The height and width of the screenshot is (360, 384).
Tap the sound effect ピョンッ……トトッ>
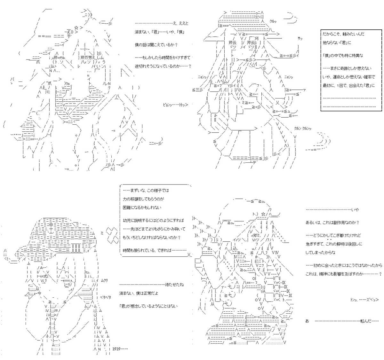(176, 105)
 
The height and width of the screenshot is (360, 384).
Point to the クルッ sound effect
(273, 21)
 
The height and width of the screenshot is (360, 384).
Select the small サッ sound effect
(300, 38)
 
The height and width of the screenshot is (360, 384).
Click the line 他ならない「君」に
(339, 42)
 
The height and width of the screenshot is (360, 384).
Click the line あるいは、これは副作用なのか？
(332, 223)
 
